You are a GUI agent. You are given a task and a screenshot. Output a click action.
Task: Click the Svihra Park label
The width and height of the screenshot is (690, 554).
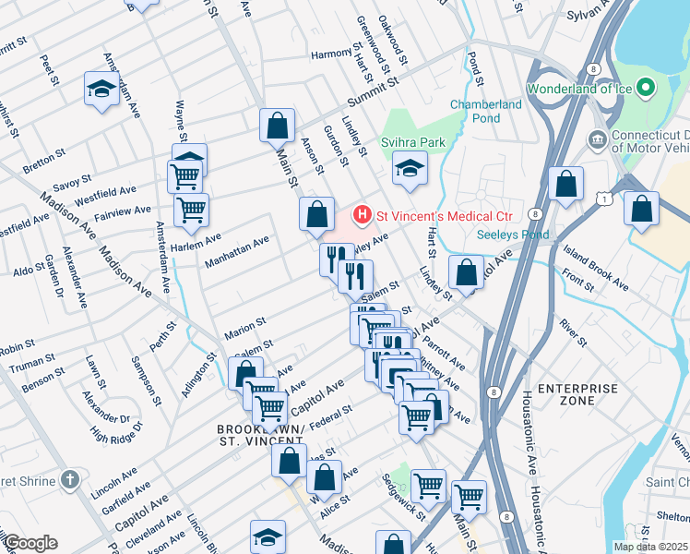click(x=413, y=144)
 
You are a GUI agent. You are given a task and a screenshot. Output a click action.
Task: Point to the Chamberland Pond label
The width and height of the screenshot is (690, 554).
click(x=486, y=111)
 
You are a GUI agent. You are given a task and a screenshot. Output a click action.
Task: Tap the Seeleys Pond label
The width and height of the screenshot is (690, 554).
click(x=512, y=235)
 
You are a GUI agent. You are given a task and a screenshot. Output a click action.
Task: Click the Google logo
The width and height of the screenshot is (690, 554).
click(x=30, y=542)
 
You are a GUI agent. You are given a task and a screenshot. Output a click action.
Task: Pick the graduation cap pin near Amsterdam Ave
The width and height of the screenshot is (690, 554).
click(x=100, y=89)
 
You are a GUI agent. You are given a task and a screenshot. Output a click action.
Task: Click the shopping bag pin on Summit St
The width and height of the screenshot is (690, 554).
click(x=277, y=125)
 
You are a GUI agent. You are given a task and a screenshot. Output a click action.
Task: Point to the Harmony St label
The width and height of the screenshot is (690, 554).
click(x=331, y=53)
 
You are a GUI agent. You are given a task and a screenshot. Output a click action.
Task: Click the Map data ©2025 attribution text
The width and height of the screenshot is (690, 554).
click(x=651, y=546)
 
